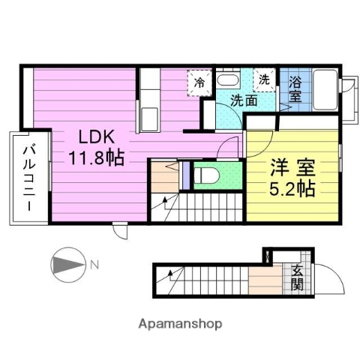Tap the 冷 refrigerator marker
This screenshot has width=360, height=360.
(x=199, y=82)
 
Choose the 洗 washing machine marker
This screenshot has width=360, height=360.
(x=265, y=79)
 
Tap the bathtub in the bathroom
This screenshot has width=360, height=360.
(x=324, y=89)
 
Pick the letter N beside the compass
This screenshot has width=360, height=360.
(x=94, y=263)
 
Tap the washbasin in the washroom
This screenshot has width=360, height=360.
(x=228, y=80)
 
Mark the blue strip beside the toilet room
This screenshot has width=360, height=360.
(x=185, y=174)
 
